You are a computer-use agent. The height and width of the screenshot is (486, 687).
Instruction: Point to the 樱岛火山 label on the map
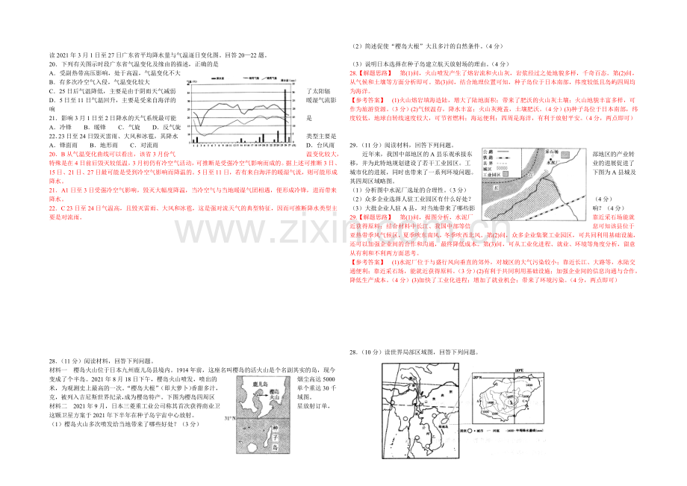click(x=276, y=394)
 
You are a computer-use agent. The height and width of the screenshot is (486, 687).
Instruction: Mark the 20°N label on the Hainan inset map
click(x=518, y=369)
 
